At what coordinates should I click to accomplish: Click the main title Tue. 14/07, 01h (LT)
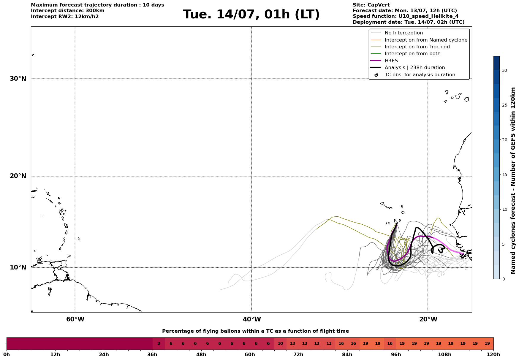[x=251, y=15]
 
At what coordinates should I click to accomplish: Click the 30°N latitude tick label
[x=18, y=79]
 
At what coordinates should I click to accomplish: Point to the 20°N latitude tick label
[x=18, y=176]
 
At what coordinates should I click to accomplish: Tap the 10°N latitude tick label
[x=18, y=267]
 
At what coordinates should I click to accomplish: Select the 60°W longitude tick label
[x=75, y=319]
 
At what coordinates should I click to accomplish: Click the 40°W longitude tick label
[x=252, y=319]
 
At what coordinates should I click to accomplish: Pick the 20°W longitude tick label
[x=428, y=319]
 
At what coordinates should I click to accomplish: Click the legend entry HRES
[x=391, y=61]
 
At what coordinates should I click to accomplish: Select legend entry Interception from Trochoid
[x=417, y=47]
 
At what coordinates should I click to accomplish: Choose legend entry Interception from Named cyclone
[x=426, y=40]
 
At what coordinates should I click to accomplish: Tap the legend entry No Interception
[x=404, y=33]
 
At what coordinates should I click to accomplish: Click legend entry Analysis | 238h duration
[x=415, y=68]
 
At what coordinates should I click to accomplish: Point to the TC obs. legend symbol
[x=376, y=75]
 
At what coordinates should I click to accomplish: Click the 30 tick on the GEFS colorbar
[x=504, y=70]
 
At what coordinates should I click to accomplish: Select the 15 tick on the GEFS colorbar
[x=504, y=175]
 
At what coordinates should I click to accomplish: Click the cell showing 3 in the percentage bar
[x=159, y=344]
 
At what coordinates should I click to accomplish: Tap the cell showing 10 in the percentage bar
[x=280, y=344]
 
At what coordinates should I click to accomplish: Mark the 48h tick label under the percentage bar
[x=201, y=355]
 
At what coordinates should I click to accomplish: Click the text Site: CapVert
[x=371, y=5]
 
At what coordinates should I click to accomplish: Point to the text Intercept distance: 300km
[x=68, y=11]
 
